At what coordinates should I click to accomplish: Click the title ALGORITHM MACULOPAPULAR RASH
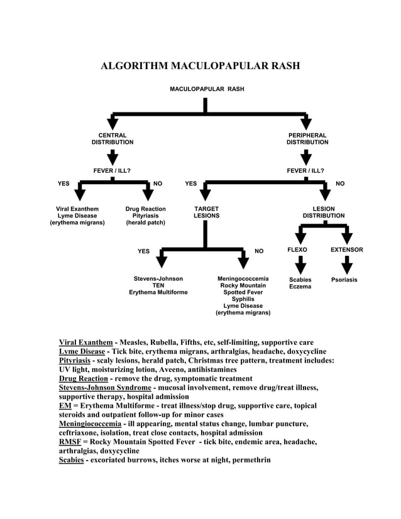[200, 66]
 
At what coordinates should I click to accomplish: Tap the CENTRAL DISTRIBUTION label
[113, 139]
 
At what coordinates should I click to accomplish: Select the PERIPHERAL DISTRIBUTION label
[307, 139]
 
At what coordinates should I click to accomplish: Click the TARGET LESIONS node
[206, 212]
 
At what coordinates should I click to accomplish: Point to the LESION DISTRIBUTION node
[324, 212]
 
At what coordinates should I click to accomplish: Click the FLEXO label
[297, 250]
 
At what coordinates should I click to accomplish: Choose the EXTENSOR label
[346, 250]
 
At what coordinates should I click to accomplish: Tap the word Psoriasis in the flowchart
[344, 280]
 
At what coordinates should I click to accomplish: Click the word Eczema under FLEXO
[300, 287]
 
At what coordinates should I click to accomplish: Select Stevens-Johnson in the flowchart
[158, 278]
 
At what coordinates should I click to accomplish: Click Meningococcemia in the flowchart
[243, 278]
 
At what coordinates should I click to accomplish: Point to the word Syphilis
[243, 299]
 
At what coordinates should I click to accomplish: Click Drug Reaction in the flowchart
[145, 209]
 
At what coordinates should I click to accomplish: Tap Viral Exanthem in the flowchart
[77, 209]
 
